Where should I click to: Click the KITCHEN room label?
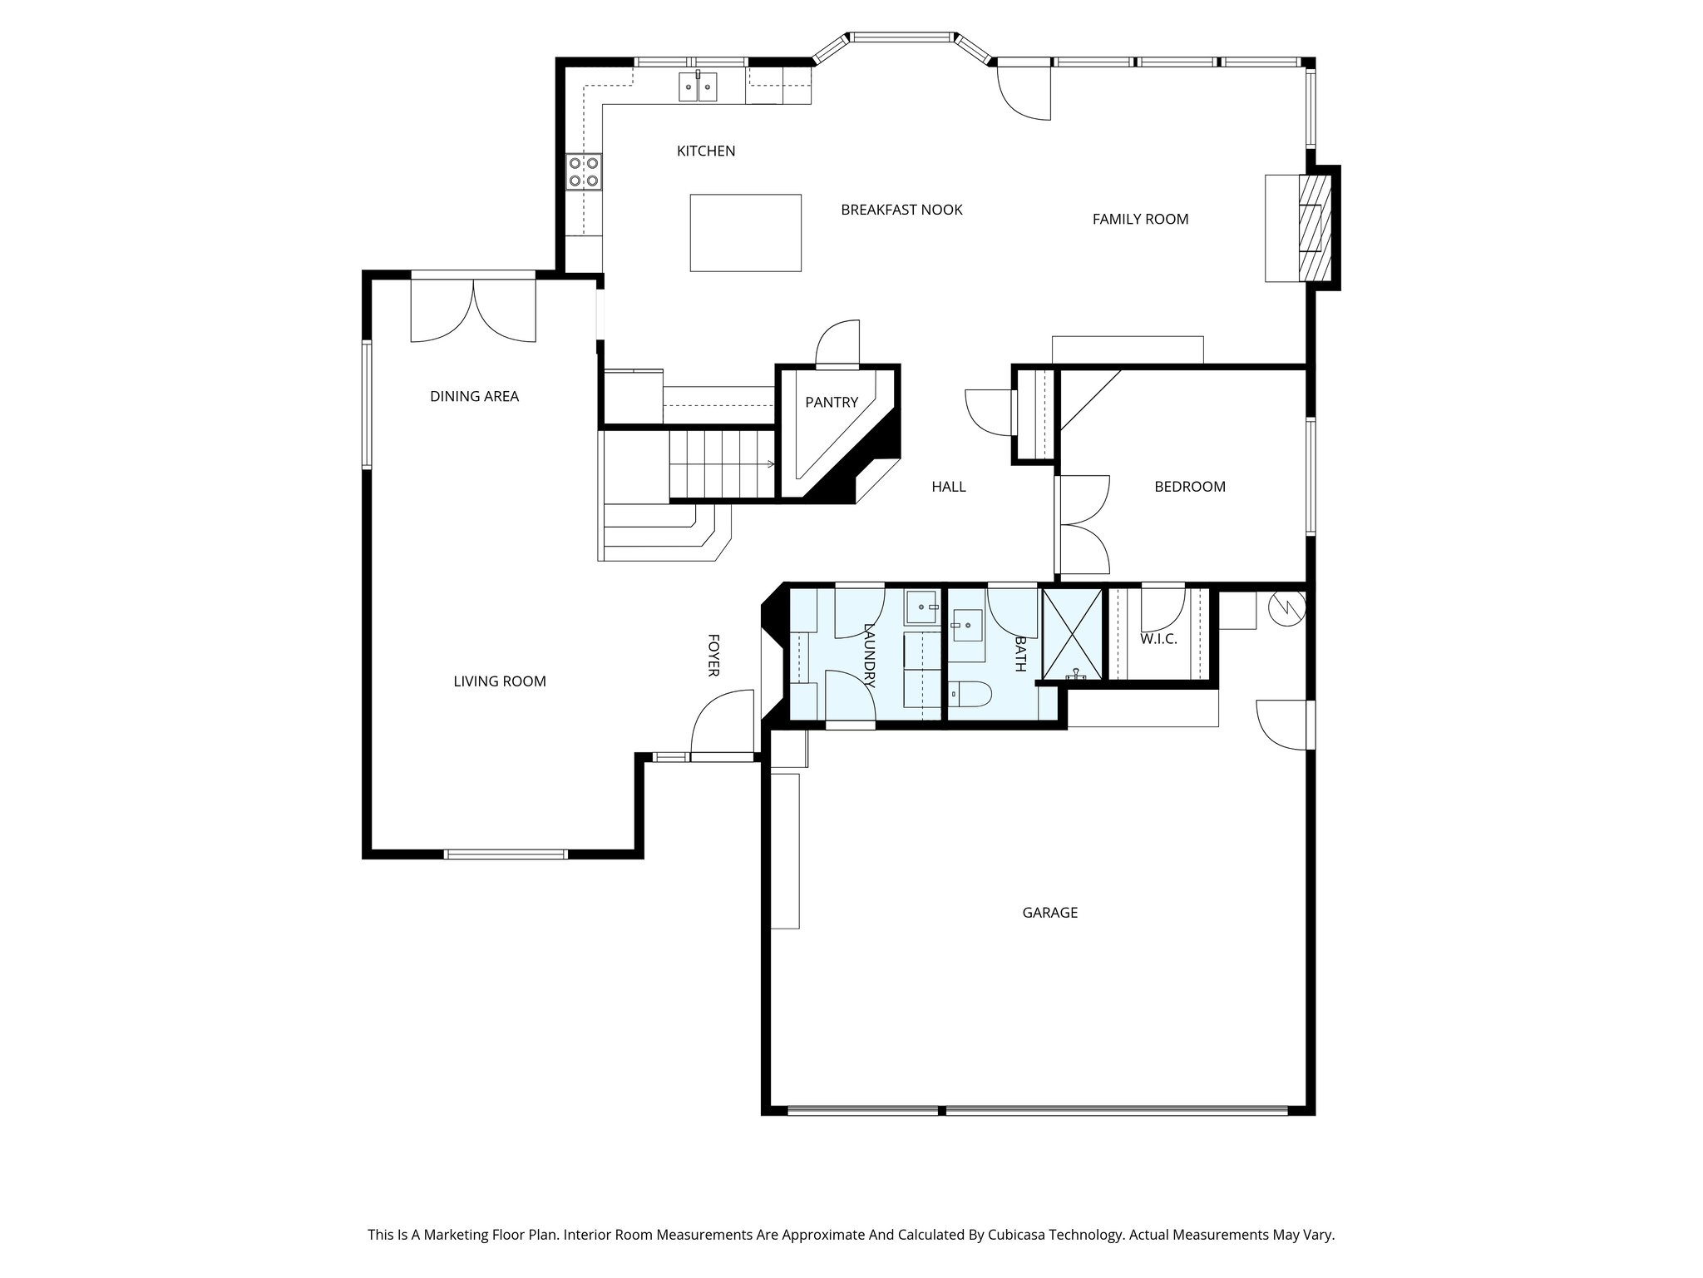[x=705, y=151]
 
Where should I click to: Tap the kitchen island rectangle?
[x=745, y=233]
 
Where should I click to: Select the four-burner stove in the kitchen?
[x=584, y=172]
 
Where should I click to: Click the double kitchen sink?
[x=697, y=87]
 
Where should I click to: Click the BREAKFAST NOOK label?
[x=901, y=210]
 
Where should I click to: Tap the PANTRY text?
[x=831, y=403]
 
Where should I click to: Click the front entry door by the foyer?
[x=722, y=724]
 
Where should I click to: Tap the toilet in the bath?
[x=970, y=694]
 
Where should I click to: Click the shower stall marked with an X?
[x=1072, y=634]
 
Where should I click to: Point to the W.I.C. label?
[x=1158, y=639]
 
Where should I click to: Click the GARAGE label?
[x=1049, y=913]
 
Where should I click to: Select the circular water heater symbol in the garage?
[x=1286, y=609]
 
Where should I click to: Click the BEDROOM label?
[x=1189, y=487]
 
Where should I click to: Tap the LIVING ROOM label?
[x=499, y=681]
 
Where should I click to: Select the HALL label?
[x=948, y=487]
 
